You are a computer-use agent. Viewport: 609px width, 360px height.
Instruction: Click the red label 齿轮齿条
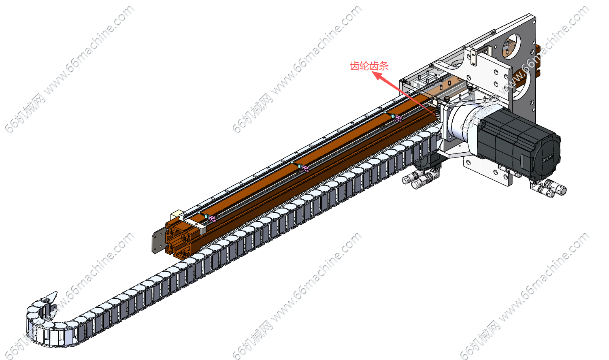tap(369, 66)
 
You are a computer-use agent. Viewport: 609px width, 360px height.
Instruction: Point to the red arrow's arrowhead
tap(379, 76)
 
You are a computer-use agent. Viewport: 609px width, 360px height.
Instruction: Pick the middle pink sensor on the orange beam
tap(304, 168)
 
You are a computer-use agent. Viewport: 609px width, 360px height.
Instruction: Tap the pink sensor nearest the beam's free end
tap(212, 218)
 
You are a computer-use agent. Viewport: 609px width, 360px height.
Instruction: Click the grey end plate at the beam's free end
tap(158, 241)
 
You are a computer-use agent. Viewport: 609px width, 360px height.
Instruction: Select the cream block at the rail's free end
tap(176, 214)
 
